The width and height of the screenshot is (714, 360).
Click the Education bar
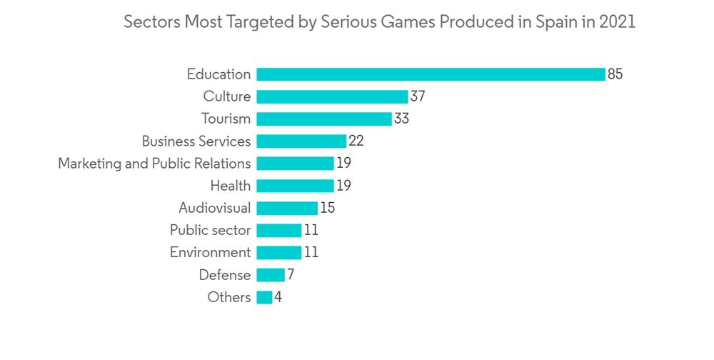pos(431,74)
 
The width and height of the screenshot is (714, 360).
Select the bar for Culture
pos(332,96)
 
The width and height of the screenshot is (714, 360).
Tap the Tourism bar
pos(324,119)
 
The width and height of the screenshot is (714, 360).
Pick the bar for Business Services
pos(301,141)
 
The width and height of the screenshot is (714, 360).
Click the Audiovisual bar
pos(287,208)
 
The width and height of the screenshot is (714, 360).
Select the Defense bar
pos(271,275)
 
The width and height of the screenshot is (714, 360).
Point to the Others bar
pos(264,297)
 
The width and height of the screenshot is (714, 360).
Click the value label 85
pos(615,74)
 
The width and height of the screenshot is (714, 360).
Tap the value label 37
pos(418,96)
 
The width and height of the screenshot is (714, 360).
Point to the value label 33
pos(401,119)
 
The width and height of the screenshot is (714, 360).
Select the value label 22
pos(356,141)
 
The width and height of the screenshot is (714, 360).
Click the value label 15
pos(327,208)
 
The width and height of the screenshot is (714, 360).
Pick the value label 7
pos(291,275)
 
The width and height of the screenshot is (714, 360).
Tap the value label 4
pos(278,297)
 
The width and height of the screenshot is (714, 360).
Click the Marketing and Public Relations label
pos(154,164)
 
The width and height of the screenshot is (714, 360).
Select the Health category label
pos(231,186)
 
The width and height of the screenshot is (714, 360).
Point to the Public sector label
pos(210,230)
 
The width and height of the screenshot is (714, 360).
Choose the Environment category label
pos(210,253)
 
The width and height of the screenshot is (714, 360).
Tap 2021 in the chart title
pos(618,22)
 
